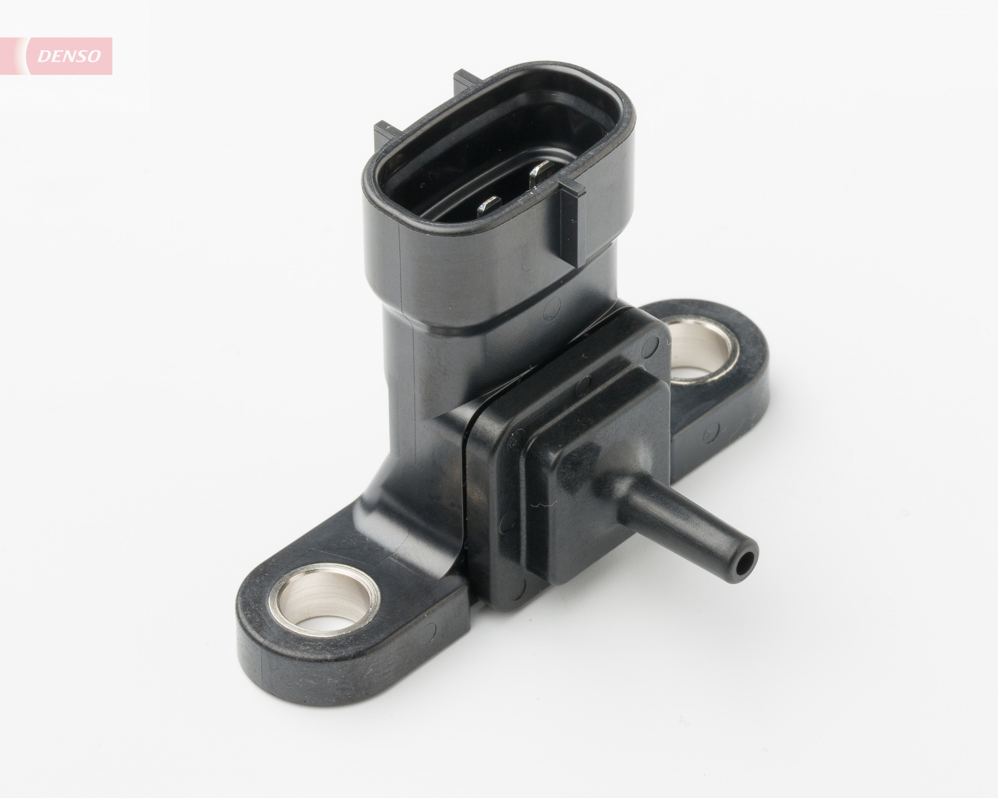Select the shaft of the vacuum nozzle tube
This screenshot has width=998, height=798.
689,529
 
